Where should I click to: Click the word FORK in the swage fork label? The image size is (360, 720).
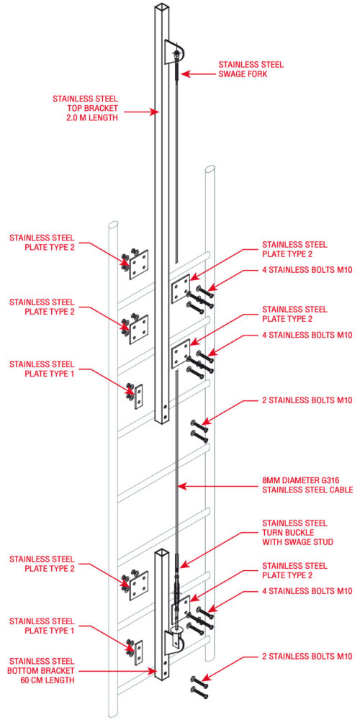point(268,73)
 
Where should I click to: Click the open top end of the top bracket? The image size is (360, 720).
point(160,7)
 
